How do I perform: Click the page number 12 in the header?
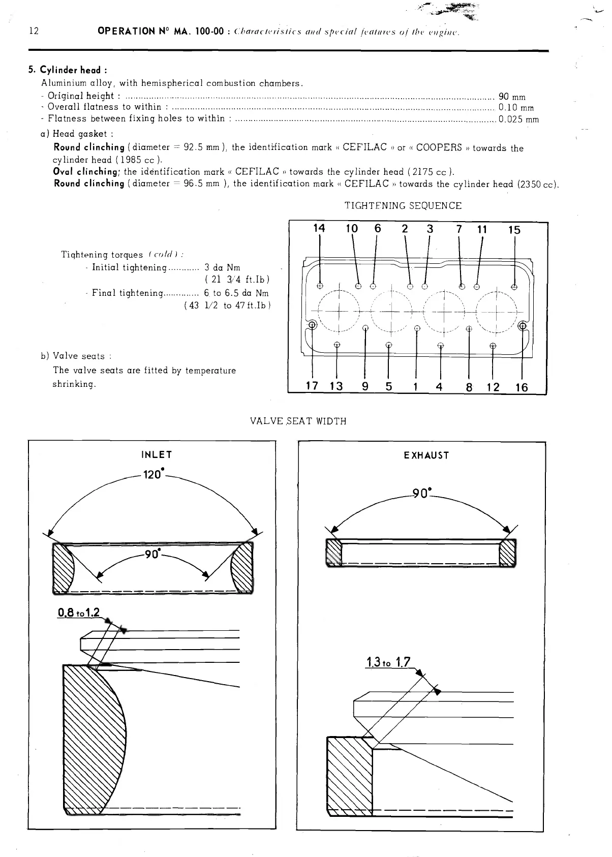(34, 32)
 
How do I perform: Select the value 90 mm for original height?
(512, 97)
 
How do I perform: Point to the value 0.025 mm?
(518, 120)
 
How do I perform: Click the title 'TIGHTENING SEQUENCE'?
(403, 206)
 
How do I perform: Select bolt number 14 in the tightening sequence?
(319, 229)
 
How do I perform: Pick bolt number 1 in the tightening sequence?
(416, 387)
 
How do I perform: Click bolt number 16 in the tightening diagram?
(522, 388)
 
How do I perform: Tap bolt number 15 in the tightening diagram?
(514, 230)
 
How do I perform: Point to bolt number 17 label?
(312, 386)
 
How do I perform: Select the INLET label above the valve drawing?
(157, 454)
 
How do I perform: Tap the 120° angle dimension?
(152, 475)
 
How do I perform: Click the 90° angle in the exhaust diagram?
(422, 493)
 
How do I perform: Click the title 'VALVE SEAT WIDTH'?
(298, 421)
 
